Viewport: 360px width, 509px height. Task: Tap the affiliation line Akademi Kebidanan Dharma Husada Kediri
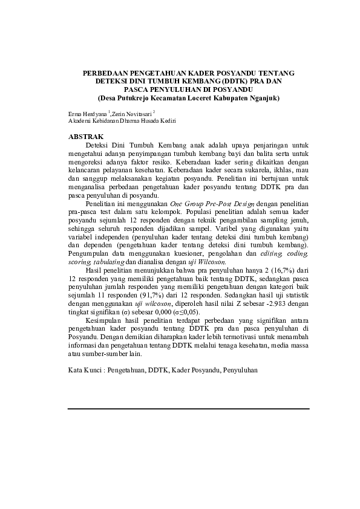122,122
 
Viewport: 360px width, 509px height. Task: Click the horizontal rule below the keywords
188,409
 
